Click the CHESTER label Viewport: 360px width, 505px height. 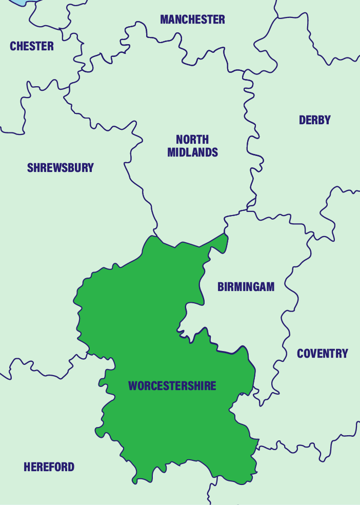pos(32,46)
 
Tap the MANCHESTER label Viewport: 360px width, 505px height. pos(192,20)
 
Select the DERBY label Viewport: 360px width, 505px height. pos(315,120)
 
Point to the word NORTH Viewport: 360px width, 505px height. pos(192,140)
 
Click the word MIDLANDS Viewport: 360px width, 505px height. pos(193,152)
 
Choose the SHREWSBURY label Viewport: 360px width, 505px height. pos(61,168)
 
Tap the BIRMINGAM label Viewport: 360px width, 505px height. pos(246,287)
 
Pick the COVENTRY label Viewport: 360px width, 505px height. pos(323,354)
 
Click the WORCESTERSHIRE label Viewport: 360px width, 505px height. pos(172,386)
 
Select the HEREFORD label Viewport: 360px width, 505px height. pos(49,467)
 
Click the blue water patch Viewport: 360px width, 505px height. pos(21,2)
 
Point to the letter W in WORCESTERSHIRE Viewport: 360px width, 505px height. pos(133,386)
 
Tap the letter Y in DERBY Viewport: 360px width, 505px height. pos(328,120)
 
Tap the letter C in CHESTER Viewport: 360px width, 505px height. pos(13,46)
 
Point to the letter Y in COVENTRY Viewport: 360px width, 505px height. pos(345,354)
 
